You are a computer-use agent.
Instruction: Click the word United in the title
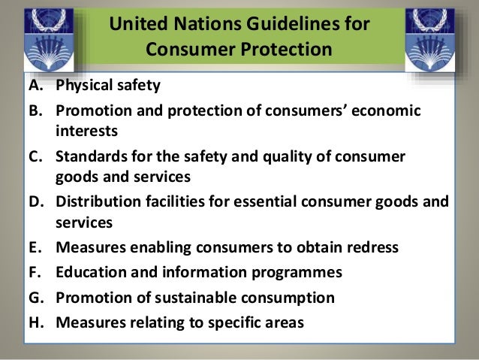[136, 26]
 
